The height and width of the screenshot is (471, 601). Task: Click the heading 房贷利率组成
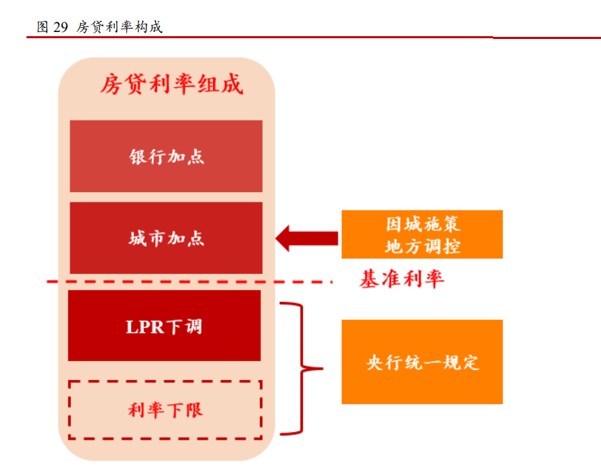[x=171, y=84]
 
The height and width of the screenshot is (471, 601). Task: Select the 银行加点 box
[x=166, y=156]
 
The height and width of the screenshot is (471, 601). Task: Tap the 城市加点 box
[x=166, y=238]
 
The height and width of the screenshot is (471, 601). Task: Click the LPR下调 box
[x=164, y=326]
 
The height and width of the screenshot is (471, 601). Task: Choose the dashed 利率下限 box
[x=165, y=410]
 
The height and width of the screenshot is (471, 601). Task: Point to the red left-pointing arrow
[x=306, y=238]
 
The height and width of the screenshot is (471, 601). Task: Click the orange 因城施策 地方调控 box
[x=422, y=234]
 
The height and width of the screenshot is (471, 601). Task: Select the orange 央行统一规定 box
[x=422, y=362]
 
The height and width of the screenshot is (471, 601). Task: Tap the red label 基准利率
[x=401, y=280]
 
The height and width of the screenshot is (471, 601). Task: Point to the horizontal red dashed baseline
[x=188, y=282]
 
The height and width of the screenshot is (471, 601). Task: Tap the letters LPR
[x=145, y=326]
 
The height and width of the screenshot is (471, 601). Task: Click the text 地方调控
[x=422, y=246]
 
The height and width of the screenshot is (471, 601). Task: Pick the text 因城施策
[x=422, y=224]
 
